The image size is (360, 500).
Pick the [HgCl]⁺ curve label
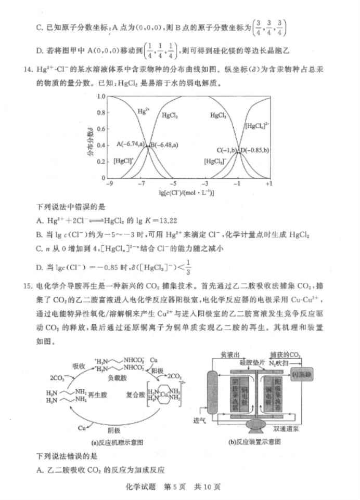point(123,161)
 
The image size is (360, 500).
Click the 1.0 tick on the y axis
point(101,97)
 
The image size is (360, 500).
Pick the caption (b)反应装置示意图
point(255,442)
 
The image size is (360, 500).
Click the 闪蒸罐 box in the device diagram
point(302,375)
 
